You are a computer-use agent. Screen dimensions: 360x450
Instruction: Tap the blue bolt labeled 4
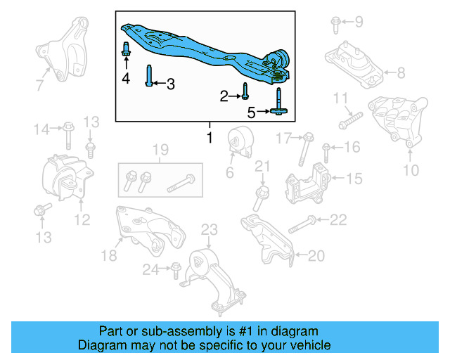[x=126, y=51]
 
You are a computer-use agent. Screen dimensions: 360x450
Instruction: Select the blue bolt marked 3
[x=149, y=75]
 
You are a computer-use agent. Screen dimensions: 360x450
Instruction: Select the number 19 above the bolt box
[x=160, y=149]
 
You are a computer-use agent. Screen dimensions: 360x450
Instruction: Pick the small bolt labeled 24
[x=174, y=268]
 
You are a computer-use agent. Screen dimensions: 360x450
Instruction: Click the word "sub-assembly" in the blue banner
[x=176, y=331]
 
